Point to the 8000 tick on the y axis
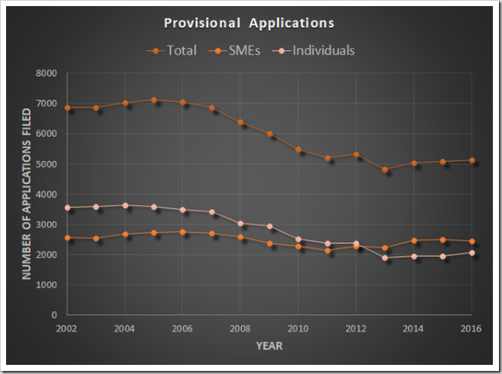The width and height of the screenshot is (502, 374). click(x=47, y=74)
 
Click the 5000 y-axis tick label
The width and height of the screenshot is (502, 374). click(x=47, y=164)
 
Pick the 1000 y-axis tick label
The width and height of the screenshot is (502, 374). click(x=47, y=285)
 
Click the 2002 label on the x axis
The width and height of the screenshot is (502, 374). click(x=68, y=328)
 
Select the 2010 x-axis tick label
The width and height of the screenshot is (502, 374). click(x=298, y=328)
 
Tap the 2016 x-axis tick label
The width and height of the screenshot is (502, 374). click(x=471, y=328)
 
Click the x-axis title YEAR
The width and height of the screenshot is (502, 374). click(x=269, y=347)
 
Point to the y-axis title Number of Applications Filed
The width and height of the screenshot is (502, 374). click(x=27, y=194)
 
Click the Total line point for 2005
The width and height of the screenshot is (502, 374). click(x=154, y=100)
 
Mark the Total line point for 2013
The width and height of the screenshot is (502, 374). click(x=385, y=170)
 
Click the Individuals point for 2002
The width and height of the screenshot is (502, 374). click(x=68, y=207)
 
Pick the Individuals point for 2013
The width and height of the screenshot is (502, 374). click(x=385, y=258)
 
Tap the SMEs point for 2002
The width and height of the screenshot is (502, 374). click(x=68, y=237)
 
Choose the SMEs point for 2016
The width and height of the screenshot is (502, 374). click(x=472, y=241)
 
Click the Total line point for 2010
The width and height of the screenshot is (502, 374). click(x=298, y=149)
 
